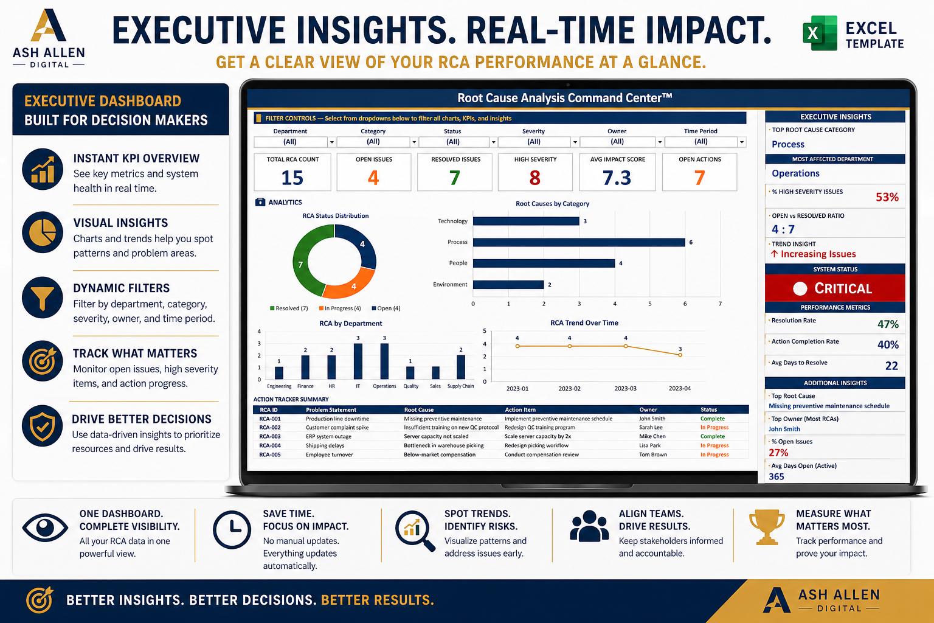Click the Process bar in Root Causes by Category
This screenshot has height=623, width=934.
pos(579,242)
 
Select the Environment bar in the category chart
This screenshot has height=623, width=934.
pos(508,285)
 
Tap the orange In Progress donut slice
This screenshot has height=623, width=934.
pos(350,285)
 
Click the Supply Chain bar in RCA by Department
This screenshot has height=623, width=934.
pos(461,367)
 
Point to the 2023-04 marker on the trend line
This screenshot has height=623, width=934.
pos(680,355)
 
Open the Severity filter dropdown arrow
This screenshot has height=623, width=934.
pos(575,142)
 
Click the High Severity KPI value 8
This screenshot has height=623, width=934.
pos(535,178)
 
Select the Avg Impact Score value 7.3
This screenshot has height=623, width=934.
pos(617,178)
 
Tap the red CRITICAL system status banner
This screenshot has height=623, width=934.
pos(835,288)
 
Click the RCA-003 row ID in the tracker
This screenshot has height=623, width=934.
pos(270,436)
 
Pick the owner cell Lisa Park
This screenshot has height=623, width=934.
pos(649,446)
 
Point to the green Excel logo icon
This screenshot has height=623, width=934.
pos(820,33)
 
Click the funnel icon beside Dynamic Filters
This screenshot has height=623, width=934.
pos(42,298)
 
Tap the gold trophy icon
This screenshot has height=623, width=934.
pos(767,527)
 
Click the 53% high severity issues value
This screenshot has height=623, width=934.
pos(887,197)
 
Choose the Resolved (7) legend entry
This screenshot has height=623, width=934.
pos(289,308)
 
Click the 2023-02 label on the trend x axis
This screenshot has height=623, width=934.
pos(569,389)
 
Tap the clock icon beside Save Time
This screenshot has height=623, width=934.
pos(232,529)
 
